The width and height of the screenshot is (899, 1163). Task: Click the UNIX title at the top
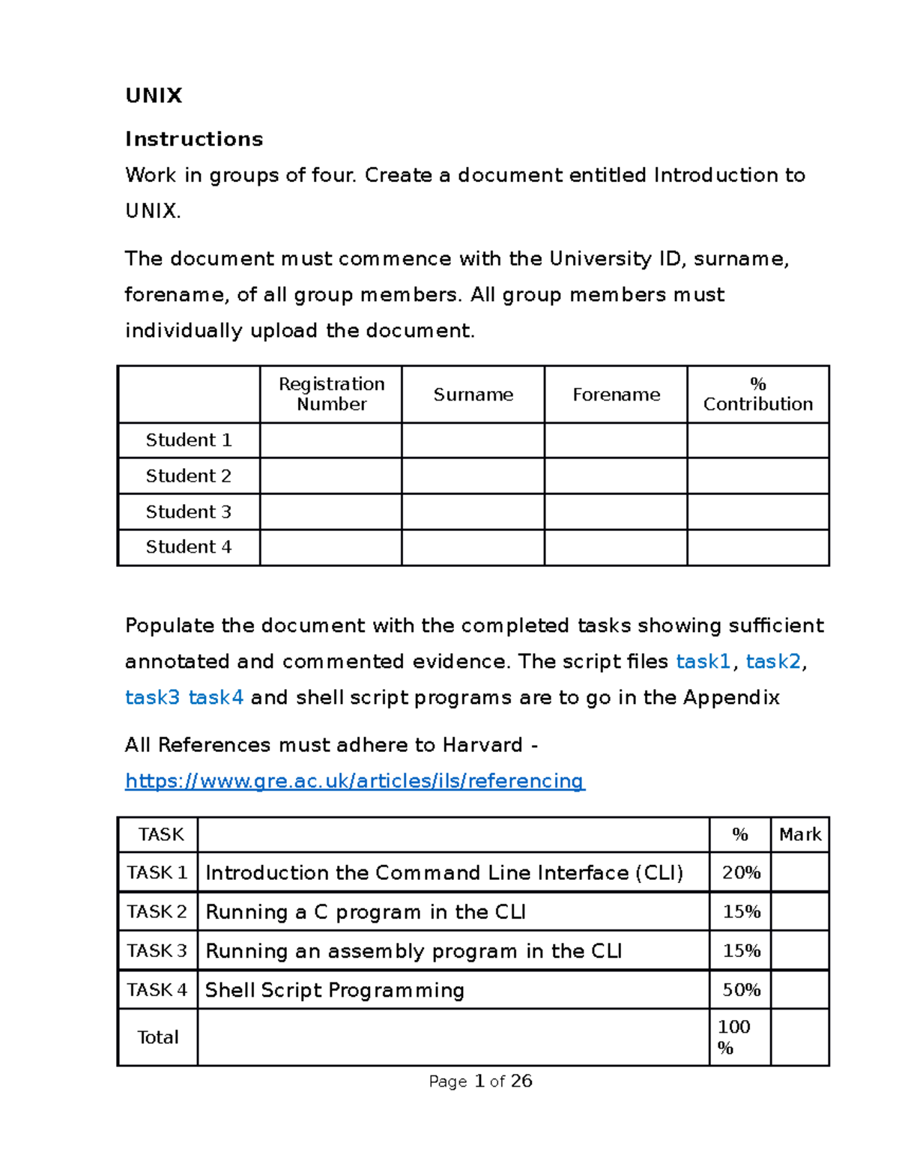pyautogui.click(x=154, y=96)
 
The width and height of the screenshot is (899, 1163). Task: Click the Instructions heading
pyautogui.click(x=194, y=139)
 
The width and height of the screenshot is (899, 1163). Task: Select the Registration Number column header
pyautogui.click(x=331, y=394)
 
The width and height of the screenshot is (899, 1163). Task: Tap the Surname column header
pyautogui.click(x=473, y=395)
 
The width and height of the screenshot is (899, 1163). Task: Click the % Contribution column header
pyautogui.click(x=757, y=394)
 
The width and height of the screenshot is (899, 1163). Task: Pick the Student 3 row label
pyautogui.click(x=188, y=511)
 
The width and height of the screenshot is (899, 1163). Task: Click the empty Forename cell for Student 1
pyautogui.click(x=615, y=440)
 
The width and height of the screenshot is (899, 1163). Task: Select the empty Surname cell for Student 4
pyautogui.click(x=473, y=547)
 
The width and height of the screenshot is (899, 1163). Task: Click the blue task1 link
pyautogui.click(x=703, y=661)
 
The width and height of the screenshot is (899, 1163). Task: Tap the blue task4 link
pyautogui.click(x=216, y=697)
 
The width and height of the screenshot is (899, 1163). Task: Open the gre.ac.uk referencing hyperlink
pyautogui.click(x=354, y=781)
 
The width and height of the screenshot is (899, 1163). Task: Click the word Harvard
pyautogui.click(x=482, y=745)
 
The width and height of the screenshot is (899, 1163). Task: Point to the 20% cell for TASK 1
pyautogui.click(x=740, y=872)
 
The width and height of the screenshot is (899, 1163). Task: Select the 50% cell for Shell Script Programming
pyautogui.click(x=740, y=990)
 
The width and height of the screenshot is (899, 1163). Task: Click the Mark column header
pyautogui.click(x=799, y=834)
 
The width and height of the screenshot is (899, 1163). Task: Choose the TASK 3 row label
pyautogui.click(x=157, y=950)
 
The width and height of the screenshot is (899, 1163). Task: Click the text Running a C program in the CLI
pyautogui.click(x=366, y=912)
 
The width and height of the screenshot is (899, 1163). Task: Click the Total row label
pyautogui.click(x=157, y=1037)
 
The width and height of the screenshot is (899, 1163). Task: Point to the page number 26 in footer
pyautogui.click(x=521, y=1081)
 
